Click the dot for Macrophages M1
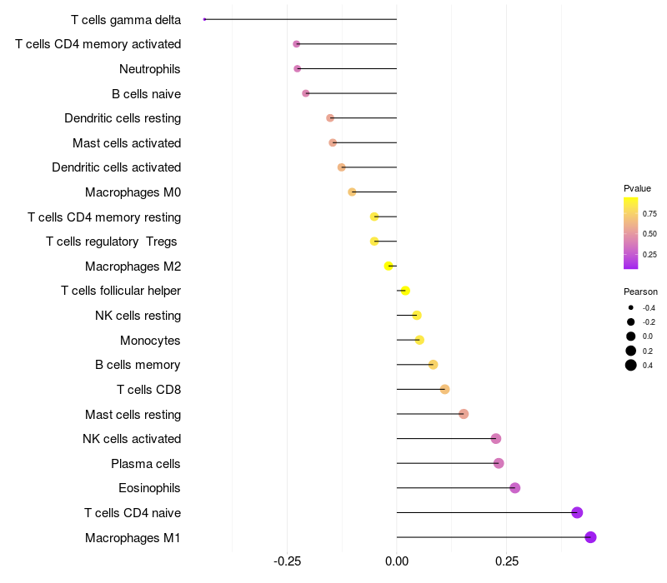point(590,537)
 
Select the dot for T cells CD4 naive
point(577,512)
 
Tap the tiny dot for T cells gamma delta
point(204,19)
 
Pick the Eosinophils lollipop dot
point(514,488)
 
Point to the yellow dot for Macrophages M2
point(389,266)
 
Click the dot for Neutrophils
point(298,68)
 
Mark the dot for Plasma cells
point(499,463)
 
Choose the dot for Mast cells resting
point(464,414)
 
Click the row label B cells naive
point(146,94)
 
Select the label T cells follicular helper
point(121,291)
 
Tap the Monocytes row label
point(150,341)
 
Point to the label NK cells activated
point(132,439)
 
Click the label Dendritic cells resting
point(123,118)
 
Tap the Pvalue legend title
point(637,188)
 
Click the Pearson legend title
point(640,292)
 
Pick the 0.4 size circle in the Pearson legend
point(631,365)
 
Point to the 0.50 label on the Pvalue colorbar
point(649,233)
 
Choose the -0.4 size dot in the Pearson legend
point(631,307)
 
